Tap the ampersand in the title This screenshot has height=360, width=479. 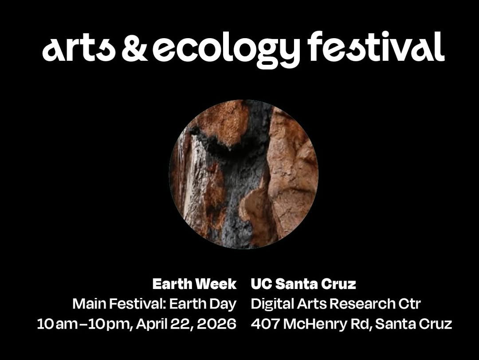point(134,47)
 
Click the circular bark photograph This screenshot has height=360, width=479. point(244,174)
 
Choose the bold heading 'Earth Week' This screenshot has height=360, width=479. point(195,284)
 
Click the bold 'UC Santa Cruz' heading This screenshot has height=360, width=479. point(303,284)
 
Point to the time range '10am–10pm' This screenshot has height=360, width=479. point(84,324)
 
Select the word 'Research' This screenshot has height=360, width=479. point(353,304)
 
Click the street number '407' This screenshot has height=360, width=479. point(265,324)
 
